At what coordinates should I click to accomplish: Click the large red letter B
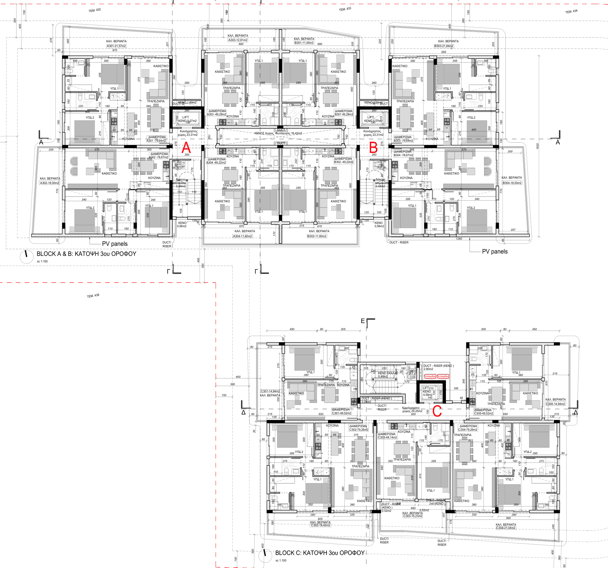pyautogui.click(x=373, y=148)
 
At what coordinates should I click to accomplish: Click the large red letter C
pyautogui.click(x=437, y=411)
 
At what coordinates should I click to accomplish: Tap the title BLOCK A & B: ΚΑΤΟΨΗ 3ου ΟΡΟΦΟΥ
pyautogui.click(x=86, y=254)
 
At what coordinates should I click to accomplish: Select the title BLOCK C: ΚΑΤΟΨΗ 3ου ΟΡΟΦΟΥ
pyautogui.click(x=320, y=553)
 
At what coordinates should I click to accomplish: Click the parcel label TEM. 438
pyautogui.click(x=93, y=296)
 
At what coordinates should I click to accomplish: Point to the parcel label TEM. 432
pyautogui.click(x=95, y=10)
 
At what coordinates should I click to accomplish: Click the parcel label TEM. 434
pyautogui.click(x=571, y=12)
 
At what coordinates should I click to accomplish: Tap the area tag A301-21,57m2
pyautogui.click(x=116, y=46)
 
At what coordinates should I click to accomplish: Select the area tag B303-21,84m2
pyautogui.click(x=444, y=46)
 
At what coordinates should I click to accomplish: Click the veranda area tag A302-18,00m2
pyautogui.click(x=50, y=183)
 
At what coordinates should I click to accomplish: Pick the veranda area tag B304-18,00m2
pyautogui.click(x=512, y=183)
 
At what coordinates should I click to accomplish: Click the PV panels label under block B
pyautogui.click(x=494, y=251)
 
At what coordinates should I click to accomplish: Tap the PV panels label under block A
pyautogui.click(x=115, y=244)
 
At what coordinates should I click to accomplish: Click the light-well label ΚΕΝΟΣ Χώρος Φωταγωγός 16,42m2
pyautogui.click(x=278, y=133)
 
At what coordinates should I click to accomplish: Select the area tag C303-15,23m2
pyautogui.click(x=413, y=516)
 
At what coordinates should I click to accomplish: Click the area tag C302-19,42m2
pyautogui.click(x=321, y=525)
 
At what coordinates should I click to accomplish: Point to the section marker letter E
pyautogui.click(x=363, y=321)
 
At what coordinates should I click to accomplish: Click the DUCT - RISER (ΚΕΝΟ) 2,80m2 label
pyautogui.click(x=438, y=367)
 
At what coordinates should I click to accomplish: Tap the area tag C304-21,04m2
pyautogui.click(x=506, y=528)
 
